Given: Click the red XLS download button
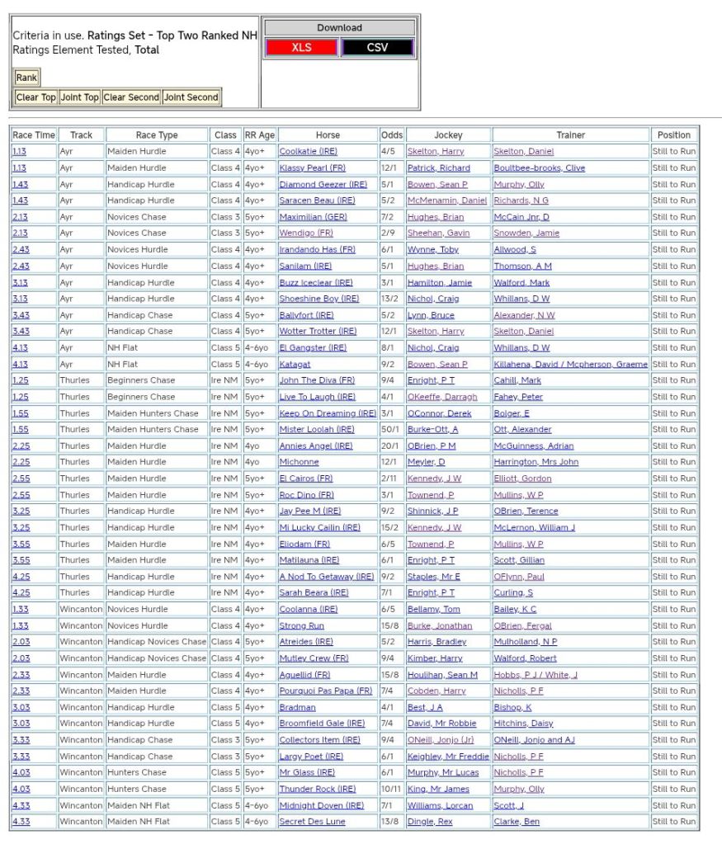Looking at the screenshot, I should point(301,48).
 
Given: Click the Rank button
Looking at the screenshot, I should point(26,78).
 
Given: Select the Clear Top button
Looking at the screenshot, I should point(36,97).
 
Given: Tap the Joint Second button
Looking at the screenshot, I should point(191,97).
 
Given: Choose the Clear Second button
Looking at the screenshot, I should point(131,97).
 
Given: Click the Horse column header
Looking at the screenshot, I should point(328,135).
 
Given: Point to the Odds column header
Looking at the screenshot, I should point(392,135).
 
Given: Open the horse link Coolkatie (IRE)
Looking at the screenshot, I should point(309,152).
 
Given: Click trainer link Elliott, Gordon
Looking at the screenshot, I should point(523,479).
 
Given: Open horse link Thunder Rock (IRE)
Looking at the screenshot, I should point(317,790).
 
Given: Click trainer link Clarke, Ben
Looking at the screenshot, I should point(517,822).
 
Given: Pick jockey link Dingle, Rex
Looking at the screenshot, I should point(429,822).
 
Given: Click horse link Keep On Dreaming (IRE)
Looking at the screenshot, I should point(328,413).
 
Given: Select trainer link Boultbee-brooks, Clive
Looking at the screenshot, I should point(539,168).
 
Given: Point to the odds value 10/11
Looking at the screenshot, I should point(392,790).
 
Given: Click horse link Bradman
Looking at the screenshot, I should point(297,708).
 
